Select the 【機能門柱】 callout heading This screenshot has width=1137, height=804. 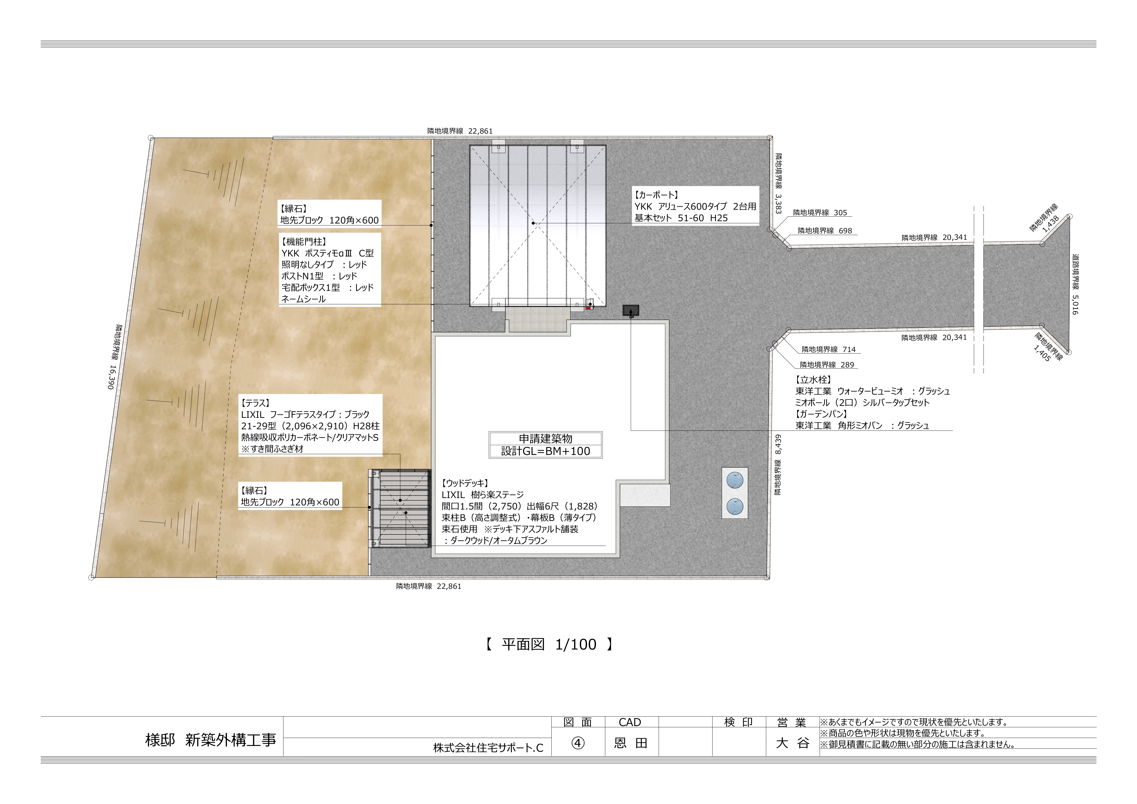click(x=304, y=242)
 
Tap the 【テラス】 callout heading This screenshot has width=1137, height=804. click(x=256, y=403)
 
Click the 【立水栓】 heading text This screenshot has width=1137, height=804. click(x=813, y=380)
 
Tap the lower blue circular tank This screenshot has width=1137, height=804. click(x=735, y=507)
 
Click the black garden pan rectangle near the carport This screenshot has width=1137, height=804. click(x=630, y=310)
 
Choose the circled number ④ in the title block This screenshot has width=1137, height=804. click(x=578, y=743)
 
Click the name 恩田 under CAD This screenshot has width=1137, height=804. click(x=630, y=743)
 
